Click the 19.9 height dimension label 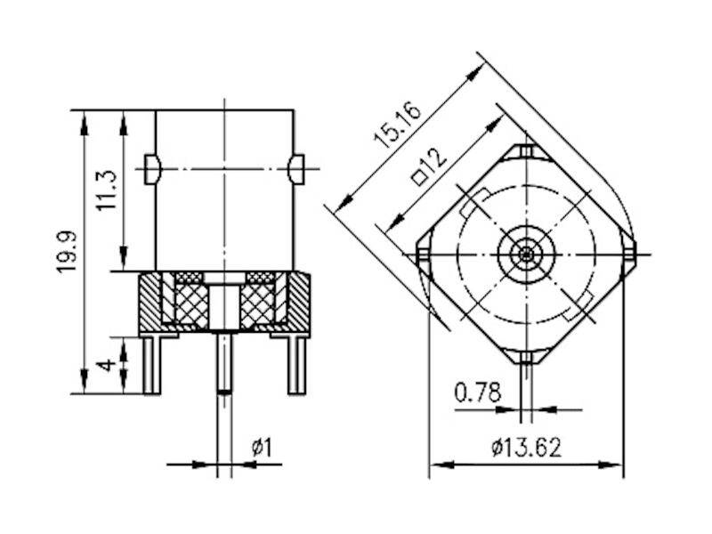(68, 252)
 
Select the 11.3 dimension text (107, 190)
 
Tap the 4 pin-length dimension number (107, 365)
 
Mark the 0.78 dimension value (477, 392)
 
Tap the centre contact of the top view (527, 255)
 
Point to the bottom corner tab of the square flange (527, 359)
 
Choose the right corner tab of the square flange (630, 254)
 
